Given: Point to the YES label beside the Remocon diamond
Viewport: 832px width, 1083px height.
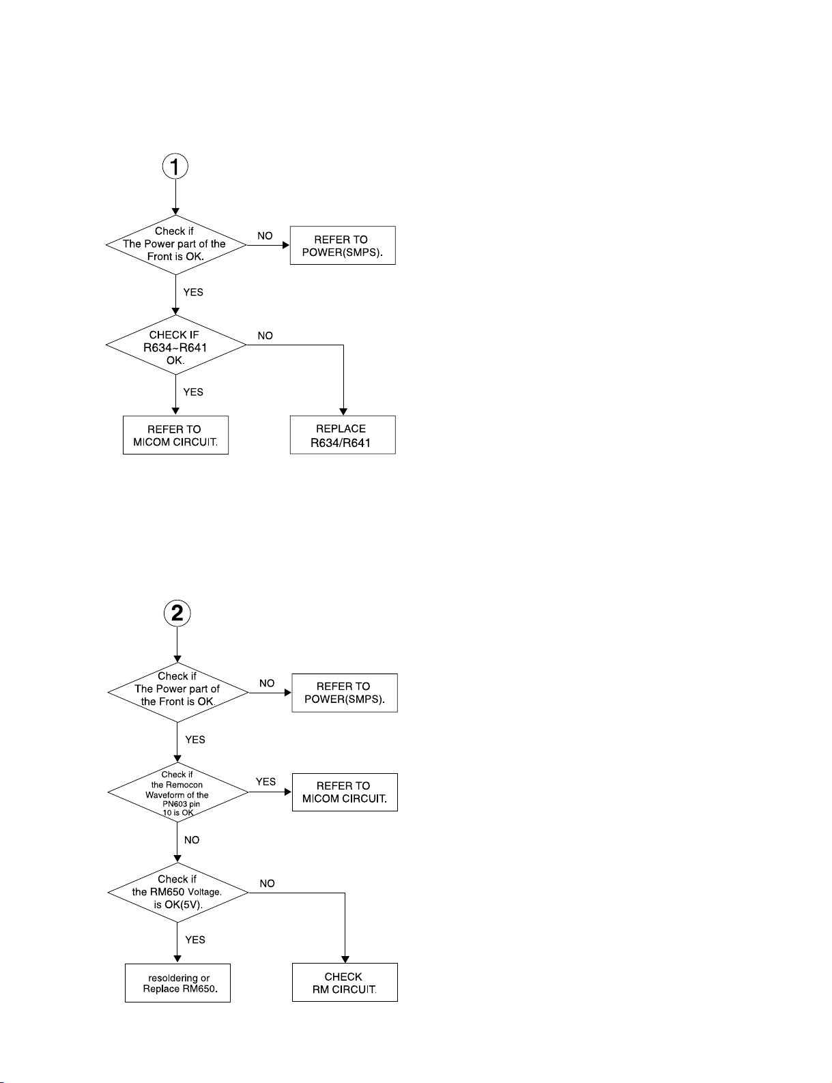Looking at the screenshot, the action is click(266, 781).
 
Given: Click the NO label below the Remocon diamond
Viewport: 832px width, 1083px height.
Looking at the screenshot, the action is click(192, 840).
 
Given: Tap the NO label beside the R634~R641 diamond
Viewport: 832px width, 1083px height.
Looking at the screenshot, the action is click(266, 336).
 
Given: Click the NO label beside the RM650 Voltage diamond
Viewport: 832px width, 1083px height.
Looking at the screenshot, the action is click(267, 883).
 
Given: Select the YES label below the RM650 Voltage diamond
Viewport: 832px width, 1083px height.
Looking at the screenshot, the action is click(195, 940).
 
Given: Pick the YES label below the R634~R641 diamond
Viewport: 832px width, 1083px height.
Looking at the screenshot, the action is click(193, 392).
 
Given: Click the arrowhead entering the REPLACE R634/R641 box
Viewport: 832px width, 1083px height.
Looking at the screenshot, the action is click(343, 412).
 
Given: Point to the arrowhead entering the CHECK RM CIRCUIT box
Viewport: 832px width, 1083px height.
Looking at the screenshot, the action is click(345, 959).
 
